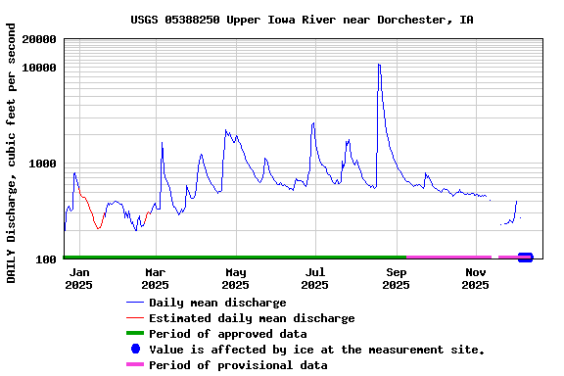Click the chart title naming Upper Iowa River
tap(302, 20)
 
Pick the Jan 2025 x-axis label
tap(80, 278)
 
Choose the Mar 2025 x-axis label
tap(156, 278)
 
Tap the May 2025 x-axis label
tap(236, 278)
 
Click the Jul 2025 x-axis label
tap(315, 278)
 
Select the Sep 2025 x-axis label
tap(396, 278)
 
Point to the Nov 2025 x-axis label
tap(476, 278)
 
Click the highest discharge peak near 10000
tap(378, 66)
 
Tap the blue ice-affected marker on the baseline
tap(525, 258)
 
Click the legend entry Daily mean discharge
tap(217, 303)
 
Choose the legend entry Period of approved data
tap(227, 334)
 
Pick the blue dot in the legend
tap(135, 350)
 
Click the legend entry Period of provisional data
tap(238, 365)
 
